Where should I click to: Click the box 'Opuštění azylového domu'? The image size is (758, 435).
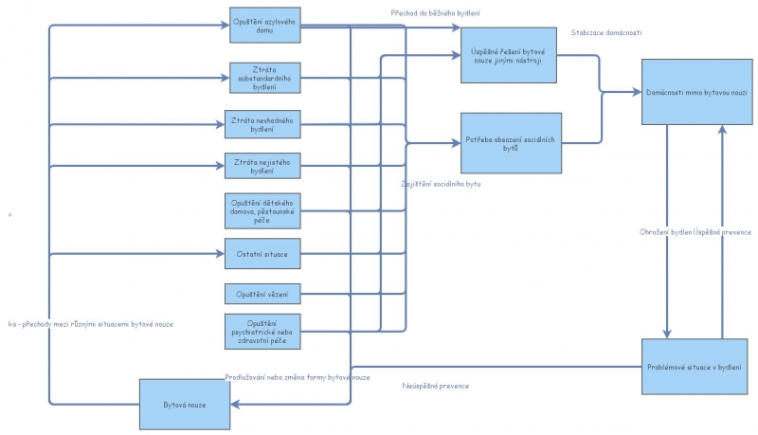[264, 26]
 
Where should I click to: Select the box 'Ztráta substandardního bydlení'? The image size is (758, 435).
[264, 78]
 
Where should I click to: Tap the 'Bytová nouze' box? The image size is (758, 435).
[185, 405]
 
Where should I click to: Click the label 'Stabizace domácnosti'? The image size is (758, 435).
[606, 33]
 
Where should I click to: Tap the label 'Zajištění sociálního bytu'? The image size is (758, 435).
[441, 183]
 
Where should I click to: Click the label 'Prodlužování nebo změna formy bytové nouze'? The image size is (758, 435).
[298, 377]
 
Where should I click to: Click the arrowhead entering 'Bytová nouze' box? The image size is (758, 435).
[235, 405]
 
